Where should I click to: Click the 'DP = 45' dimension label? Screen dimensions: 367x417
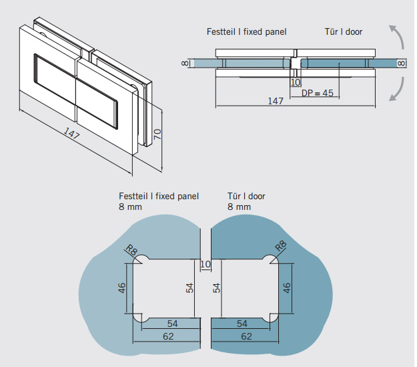317,93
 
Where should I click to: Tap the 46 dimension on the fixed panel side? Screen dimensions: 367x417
122,289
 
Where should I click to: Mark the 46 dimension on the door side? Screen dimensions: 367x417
286,289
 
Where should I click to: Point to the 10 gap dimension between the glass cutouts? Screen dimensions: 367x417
205,265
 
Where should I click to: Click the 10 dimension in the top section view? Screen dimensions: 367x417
296,82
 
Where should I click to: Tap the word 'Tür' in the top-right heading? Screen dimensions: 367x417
332,31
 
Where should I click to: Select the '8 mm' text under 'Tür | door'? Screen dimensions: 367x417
239,207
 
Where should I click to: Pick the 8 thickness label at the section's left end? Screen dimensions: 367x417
184,63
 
